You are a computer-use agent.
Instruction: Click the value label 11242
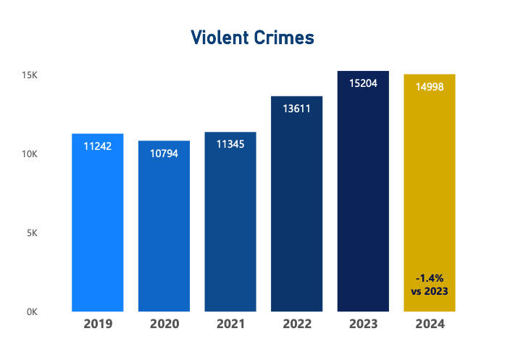point(98,146)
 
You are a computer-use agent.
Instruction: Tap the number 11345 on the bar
point(230,144)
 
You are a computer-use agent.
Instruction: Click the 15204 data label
point(363,83)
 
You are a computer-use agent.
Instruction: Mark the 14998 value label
point(430,87)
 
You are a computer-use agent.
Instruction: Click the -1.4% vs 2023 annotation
point(430,284)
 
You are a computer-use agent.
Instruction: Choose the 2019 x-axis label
point(98,324)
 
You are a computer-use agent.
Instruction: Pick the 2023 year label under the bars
point(363,324)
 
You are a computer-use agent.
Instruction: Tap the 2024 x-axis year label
point(430,324)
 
